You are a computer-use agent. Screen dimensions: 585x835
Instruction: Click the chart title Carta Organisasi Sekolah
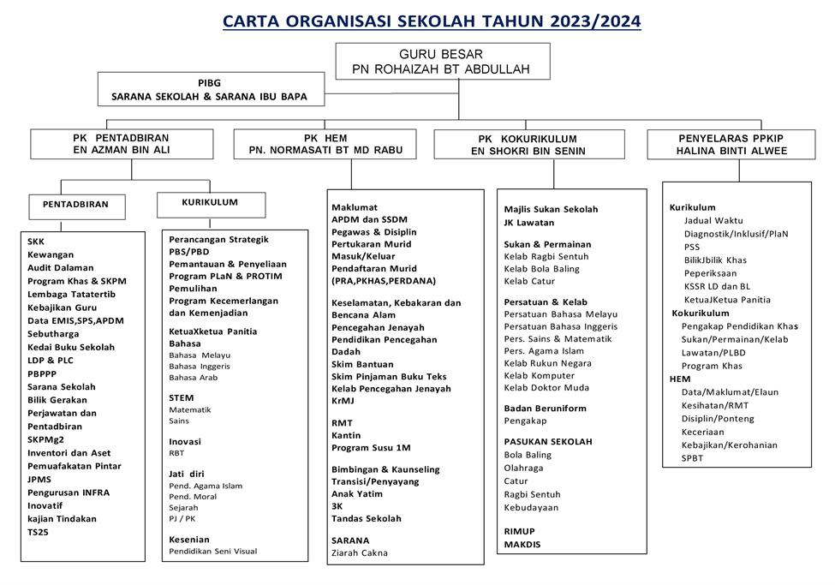pos(431,21)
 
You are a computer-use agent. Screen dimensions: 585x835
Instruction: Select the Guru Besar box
pos(441,61)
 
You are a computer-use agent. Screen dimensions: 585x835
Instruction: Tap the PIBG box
pos(210,89)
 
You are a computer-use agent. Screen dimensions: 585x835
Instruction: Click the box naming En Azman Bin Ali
pos(121,144)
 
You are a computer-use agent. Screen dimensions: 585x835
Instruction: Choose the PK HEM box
pos(325,144)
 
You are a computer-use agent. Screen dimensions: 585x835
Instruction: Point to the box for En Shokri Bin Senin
pos(528,145)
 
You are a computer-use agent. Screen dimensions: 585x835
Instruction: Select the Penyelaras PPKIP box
pos(731,144)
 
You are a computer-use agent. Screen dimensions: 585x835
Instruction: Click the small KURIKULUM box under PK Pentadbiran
pos(210,203)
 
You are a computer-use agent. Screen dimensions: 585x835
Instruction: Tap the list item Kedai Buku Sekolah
pos(71,347)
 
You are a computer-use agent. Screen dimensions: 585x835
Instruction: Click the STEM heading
pos(182,397)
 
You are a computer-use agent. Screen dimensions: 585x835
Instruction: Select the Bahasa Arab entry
pos(194,377)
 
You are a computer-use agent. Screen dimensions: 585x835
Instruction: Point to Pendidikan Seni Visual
pos(212,551)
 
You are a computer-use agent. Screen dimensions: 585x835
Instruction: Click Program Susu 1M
pos(371,448)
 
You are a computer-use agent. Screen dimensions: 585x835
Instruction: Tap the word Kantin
pos(347,436)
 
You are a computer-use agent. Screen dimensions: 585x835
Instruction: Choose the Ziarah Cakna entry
pos(359,552)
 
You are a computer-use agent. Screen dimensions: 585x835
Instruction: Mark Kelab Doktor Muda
pos(546,387)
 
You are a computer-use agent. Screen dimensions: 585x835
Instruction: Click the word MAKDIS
pos(522,544)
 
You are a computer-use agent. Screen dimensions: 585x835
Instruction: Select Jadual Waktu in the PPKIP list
pos(714,220)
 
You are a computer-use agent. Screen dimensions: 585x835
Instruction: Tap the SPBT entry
pos(692,458)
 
